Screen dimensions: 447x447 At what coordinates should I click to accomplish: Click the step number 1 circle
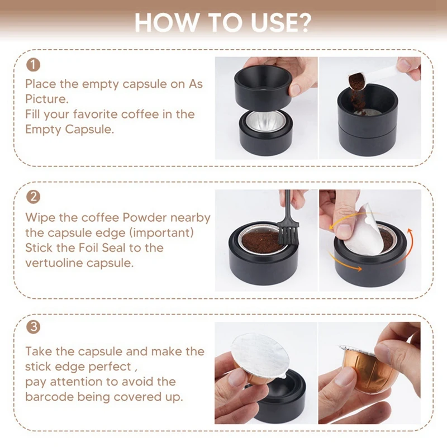tap(33, 65)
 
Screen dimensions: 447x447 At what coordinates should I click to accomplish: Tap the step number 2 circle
tap(33, 197)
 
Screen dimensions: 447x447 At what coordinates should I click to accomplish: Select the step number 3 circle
tap(33, 327)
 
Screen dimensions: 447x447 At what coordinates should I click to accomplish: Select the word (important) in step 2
tap(161, 233)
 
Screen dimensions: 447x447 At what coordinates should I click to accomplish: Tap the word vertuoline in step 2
tap(54, 263)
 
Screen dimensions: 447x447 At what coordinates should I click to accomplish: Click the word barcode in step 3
tap(49, 397)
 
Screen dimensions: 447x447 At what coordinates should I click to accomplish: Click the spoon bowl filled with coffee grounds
tap(357, 81)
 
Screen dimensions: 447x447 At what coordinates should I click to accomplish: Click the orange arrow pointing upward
tap(402, 248)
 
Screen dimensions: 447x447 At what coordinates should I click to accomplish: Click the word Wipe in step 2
tap(41, 218)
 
